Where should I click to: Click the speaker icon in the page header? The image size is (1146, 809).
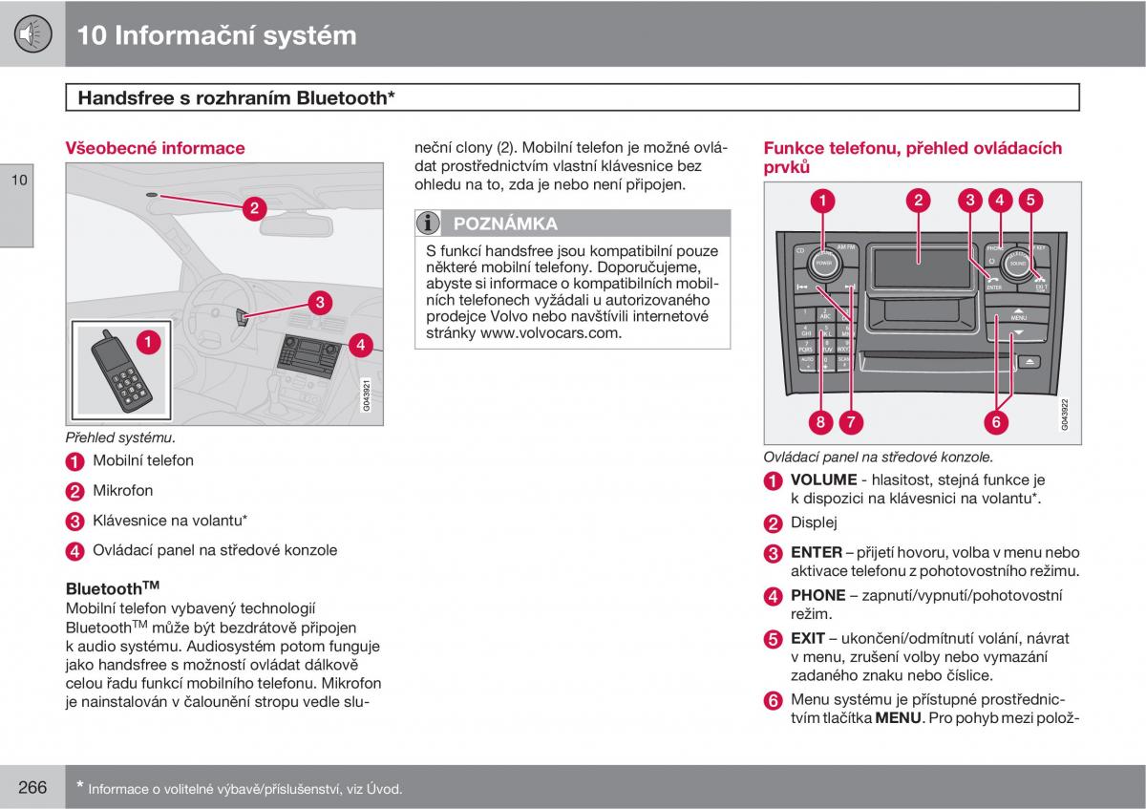click(x=32, y=34)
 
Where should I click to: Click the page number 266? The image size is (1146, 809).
click(x=32, y=787)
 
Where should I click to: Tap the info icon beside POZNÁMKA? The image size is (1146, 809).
click(x=429, y=224)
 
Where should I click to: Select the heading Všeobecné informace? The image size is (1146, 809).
click(x=155, y=148)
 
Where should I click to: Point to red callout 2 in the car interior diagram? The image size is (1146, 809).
click(x=254, y=208)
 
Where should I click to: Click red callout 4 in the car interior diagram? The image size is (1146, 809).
click(x=359, y=345)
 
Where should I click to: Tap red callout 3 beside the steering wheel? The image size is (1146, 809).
click(x=319, y=303)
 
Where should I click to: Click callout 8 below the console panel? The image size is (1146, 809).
click(x=820, y=420)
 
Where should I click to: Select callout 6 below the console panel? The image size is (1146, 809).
click(x=994, y=420)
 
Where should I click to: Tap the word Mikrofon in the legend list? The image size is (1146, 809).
click(x=122, y=490)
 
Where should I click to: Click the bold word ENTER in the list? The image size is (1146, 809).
click(x=816, y=552)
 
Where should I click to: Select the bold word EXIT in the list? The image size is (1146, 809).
click(x=808, y=638)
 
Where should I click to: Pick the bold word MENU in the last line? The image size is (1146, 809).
click(x=899, y=717)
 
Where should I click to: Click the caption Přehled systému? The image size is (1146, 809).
click(x=119, y=437)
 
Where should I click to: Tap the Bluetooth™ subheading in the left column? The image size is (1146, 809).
click(x=112, y=588)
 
